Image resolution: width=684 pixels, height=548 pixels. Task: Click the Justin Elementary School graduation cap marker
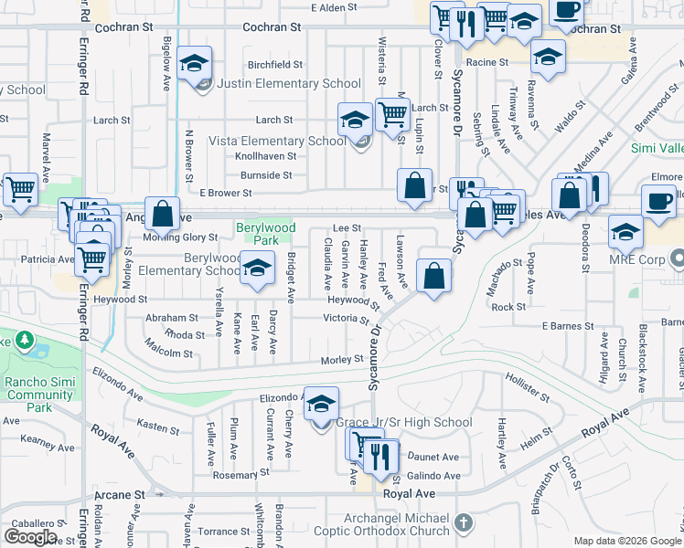194,64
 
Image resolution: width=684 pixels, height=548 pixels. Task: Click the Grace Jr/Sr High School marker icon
321,405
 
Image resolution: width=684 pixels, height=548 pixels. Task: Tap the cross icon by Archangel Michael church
464,522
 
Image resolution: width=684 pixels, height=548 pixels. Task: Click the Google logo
31,537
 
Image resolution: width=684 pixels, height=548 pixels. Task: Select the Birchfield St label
275,65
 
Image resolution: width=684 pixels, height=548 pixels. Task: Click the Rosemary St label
236,475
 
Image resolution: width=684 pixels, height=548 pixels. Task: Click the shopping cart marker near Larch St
392,116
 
